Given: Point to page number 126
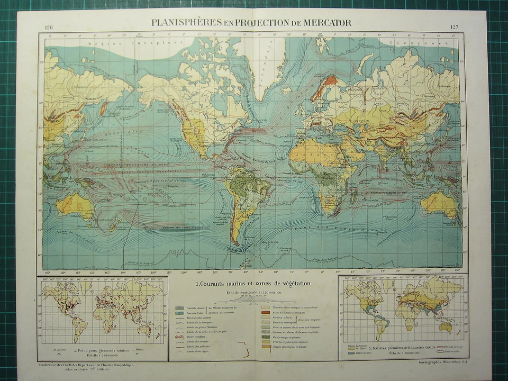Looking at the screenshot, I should pyautogui.click(x=49, y=27).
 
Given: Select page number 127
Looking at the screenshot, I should pyautogui.click(x=455, y=27).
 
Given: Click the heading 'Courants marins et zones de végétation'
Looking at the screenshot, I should pyautogui.click(x=253, y=284).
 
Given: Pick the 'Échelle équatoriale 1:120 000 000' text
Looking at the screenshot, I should pyautogui.click(x=253, y=292).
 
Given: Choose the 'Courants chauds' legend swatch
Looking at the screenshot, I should pyautogui.click(x=180, y=307).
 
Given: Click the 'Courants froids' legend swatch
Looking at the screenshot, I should pyautogui.click(x=180, y=313).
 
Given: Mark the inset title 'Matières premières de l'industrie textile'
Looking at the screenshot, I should pyautogui.click(x=407, y=348).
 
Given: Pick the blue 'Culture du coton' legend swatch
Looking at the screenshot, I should pyautogui.click(x=350, y=352).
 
